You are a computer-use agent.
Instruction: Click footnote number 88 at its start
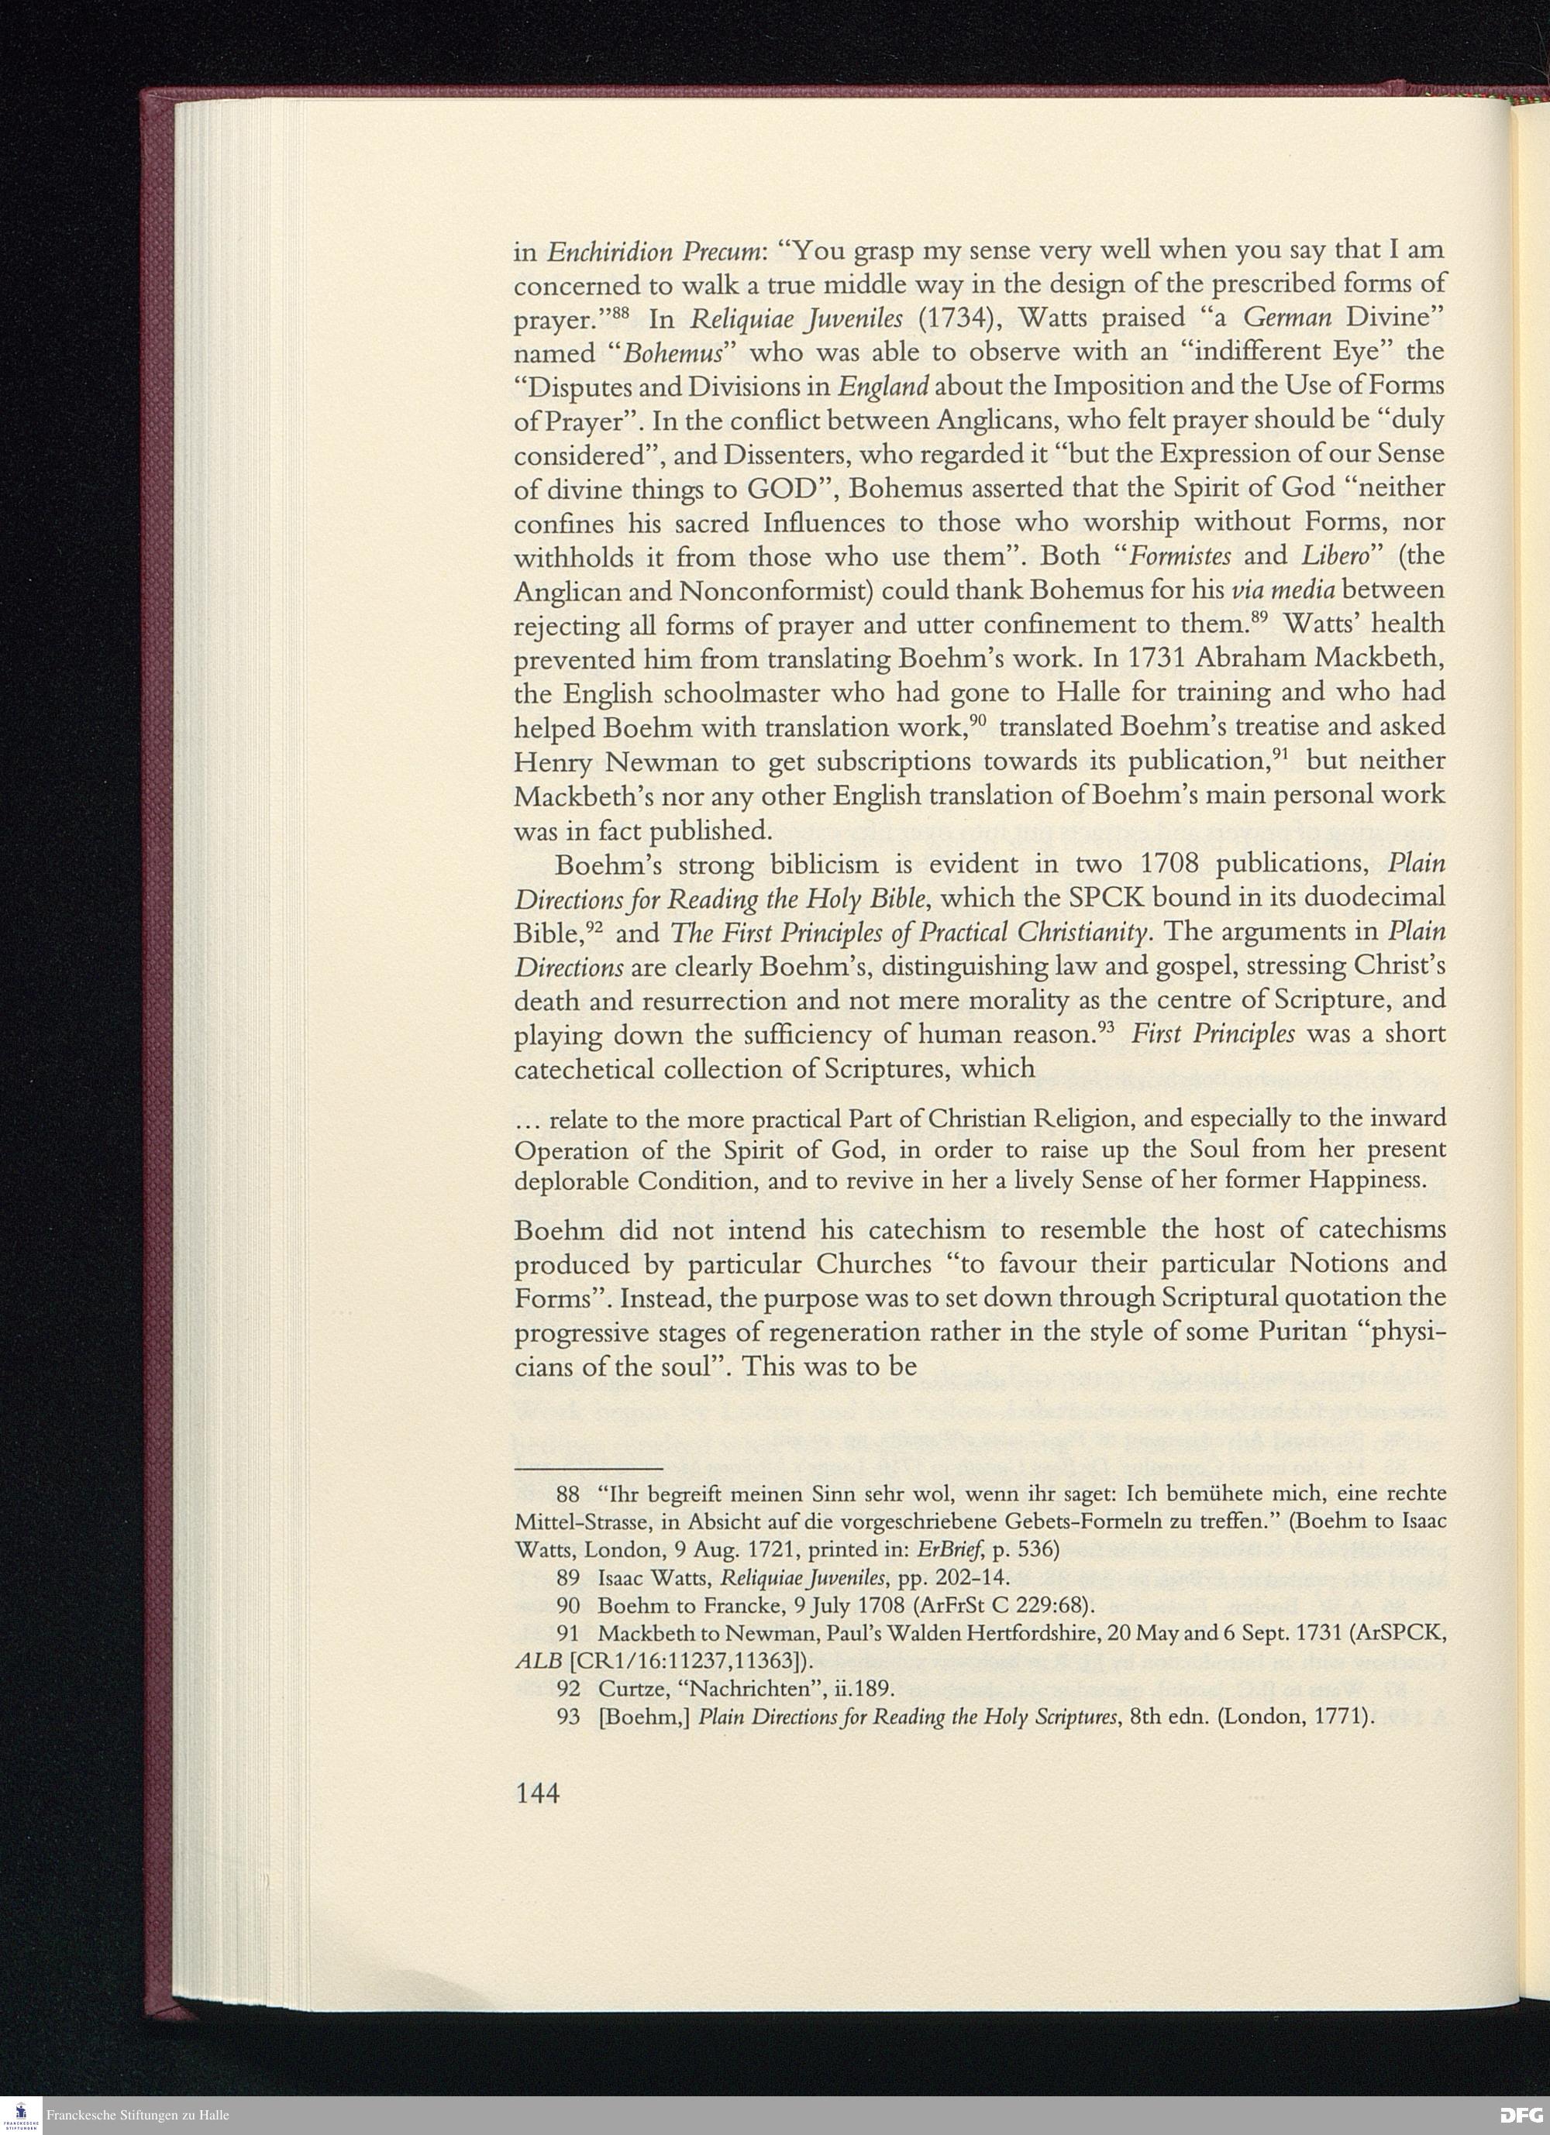click(569, 1494)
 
